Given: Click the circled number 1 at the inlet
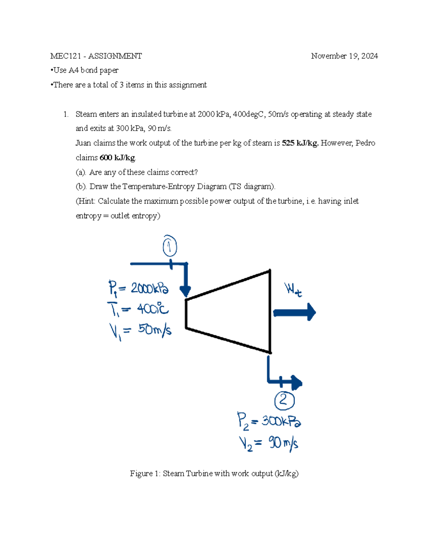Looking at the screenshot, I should [x=170, y=247].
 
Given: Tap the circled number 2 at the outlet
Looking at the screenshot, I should [x=284, y=400].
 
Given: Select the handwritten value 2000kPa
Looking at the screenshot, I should [x=149, y=289].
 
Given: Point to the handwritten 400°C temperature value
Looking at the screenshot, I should [x=153, y=309].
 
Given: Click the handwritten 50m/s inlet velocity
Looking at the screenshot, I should [x=154, y=329].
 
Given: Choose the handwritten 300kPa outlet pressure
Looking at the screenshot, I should [x=281, y=421].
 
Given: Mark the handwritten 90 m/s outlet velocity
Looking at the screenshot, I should [x=283, y=444].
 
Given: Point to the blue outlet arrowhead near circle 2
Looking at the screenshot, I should [x=297, y=383].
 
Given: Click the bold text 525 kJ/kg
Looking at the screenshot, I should [x=300, y=143].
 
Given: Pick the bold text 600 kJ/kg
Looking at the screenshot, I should [x=117, y=158].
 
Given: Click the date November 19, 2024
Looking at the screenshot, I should [x=344, y=56].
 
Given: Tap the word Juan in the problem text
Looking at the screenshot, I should [x=83, y=143].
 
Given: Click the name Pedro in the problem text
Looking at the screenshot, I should [x=365, y=143].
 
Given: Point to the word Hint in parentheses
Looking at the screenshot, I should [x=86, y=201].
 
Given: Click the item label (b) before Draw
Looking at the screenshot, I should [x=80, y=187].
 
